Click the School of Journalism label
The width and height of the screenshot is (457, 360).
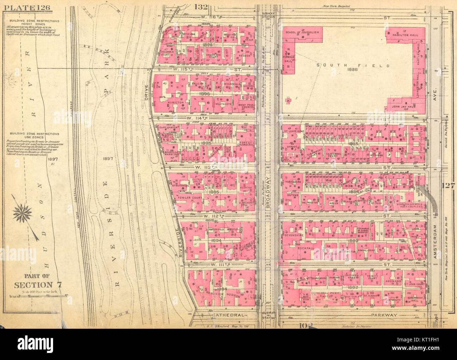[302, 32]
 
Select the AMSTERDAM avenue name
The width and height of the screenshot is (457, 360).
[436, 242]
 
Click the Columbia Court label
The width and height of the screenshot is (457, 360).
[167, 53]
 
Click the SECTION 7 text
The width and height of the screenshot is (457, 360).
[33, 285]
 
